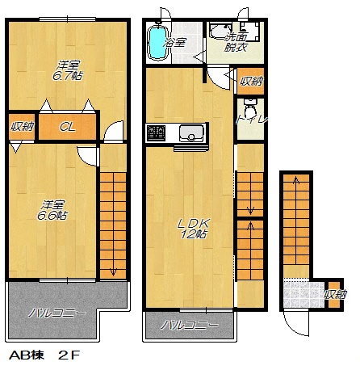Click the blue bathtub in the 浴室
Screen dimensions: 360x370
[x=158, y=43]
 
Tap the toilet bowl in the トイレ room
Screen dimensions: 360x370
[x=250, y=110]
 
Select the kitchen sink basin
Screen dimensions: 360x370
[x=191, y=133]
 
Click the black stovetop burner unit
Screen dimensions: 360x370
[x=156, y=133]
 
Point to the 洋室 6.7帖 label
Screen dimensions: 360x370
[x=67, y=71]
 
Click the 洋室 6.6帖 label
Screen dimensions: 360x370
[x=52, y=210]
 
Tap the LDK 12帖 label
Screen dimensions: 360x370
[x=194, y=229]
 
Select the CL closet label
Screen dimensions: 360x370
[x=67, y=127]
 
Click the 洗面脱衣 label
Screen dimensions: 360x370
[x=236, y=42]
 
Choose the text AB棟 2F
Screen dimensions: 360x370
[x=44, y=355]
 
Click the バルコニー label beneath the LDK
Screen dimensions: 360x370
[x=190, y=326]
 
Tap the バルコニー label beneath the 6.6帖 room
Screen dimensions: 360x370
[x=57, y=313]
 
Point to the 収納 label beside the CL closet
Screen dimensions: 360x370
[x=22, y=126]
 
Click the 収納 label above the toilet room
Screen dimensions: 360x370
[x=251, y=81]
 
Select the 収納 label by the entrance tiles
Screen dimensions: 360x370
[x=335, y=294]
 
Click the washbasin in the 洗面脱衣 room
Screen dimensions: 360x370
[x=220, y=32]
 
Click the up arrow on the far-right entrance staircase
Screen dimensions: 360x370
[x=296, y=181]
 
